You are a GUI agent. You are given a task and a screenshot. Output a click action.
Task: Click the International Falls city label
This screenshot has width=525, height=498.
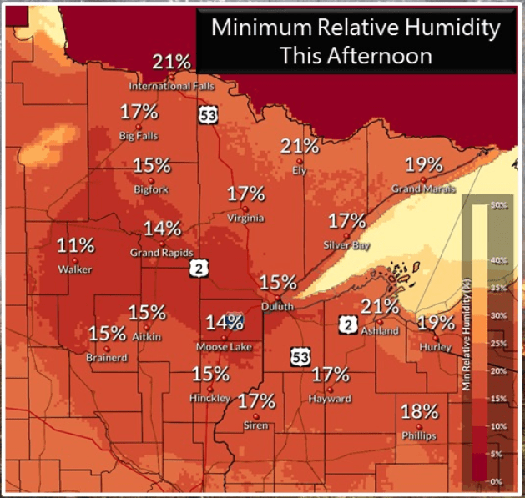pyautogui.click(x=171, y=86)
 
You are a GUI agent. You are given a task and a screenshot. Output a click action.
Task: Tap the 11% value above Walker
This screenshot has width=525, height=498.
pyautogui.click(x=76, y=246)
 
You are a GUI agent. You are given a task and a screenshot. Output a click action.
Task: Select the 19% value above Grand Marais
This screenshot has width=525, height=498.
pyautogui.click(x=423, y=164)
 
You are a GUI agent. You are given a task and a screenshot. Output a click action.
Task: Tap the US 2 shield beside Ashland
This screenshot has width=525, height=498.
pyautogui.click(x=348, y=324)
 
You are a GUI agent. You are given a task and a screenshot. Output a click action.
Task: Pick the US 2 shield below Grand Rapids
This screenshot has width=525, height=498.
pyautogui.click(x=198, y=268)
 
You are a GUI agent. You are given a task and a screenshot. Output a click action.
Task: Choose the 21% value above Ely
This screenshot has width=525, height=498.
pyautogui.click(x=300, y=147)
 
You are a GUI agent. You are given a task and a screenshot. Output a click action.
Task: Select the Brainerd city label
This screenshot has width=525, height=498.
pyautogui.click(x=106, y=358)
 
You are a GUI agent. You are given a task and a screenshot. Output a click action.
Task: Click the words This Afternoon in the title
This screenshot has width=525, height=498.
pyautogui.click(x=356, y=56)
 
